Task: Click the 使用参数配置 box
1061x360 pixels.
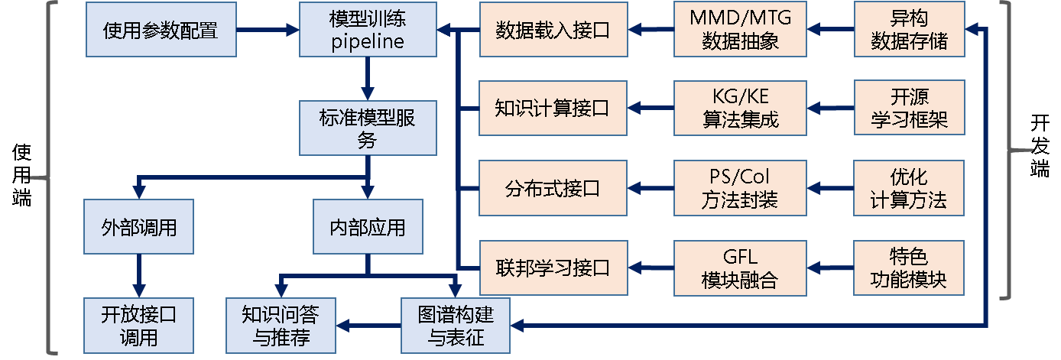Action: click(x=160, y=30)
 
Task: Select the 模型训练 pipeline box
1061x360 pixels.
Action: click(x=368, y=30)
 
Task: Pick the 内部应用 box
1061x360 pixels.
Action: click(x=368, y=227)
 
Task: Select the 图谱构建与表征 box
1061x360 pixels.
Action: click(x=456, y=325)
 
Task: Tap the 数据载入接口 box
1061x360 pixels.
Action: click(x=553, y=30)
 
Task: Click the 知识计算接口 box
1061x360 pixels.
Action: click(x=553, y=108)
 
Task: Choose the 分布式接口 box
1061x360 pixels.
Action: click(x=553, y=188)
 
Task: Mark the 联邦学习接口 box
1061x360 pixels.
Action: click(x=553, y=268)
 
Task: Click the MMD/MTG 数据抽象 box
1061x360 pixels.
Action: click(x=740, y=30)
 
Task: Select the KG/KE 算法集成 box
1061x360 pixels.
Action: click(x=740, y=108)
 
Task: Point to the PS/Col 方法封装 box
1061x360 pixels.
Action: click(x=740, y=188)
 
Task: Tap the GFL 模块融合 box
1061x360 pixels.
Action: click(x=740, y=268)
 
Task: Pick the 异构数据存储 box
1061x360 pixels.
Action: click(x=909, y=30)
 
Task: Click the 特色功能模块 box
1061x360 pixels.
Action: click(x=909, y=268)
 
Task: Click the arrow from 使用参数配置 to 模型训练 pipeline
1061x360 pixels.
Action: click(x=267, y=30)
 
